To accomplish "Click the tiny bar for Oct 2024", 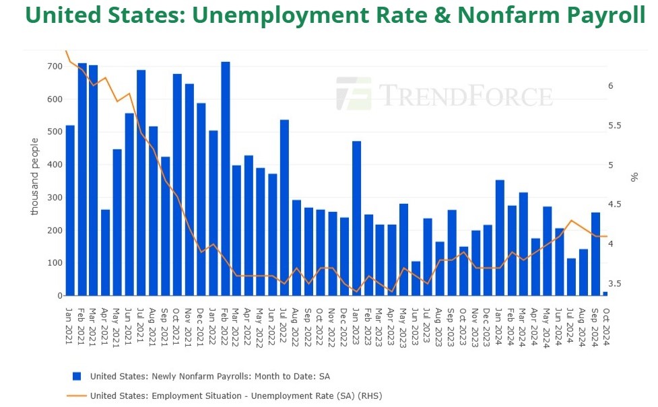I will point(605,293).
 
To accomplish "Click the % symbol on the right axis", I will point(634,178).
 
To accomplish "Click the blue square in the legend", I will point(77,376).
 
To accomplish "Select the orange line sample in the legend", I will point(77,396).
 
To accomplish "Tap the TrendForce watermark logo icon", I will point(354,94).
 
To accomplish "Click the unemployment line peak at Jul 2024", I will point(571,221).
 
